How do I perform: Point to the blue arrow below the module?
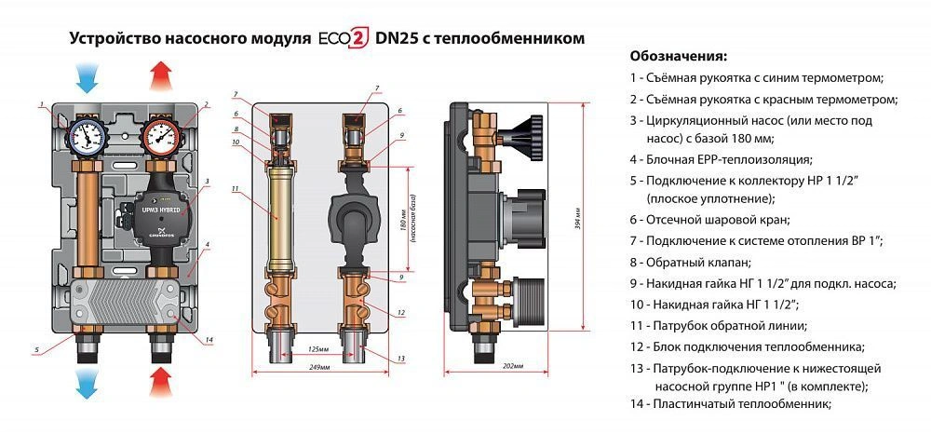click(87, 382)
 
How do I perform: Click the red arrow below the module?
click(162, 382)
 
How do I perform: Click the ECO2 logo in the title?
click(343, 40)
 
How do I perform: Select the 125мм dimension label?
click(319, 349)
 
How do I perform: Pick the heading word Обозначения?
click(678, 55)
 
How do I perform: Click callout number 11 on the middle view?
click(236, 189)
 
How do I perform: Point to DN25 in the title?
click(399, 39)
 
